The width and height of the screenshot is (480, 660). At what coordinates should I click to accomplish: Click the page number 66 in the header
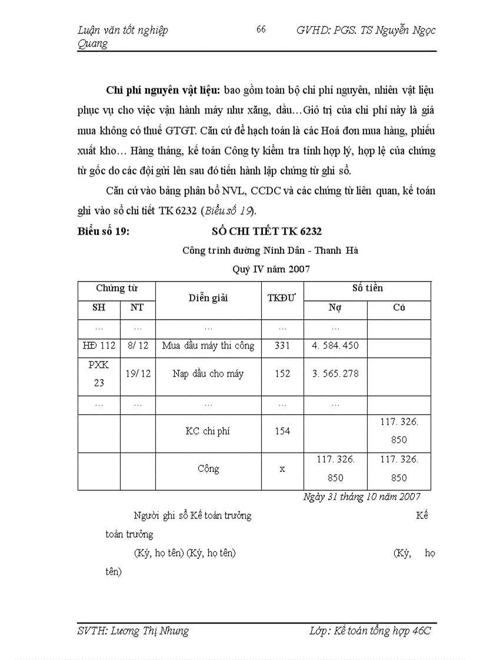pyautogui.click(x=261, y=29)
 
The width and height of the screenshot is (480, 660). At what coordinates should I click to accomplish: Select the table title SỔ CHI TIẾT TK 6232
pyautogui.click(x=266, y=232)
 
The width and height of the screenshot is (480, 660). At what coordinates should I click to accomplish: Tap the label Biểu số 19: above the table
pyautogui.click(x=104, y=232)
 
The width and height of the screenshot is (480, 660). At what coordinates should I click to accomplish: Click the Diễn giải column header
pyautogui.click(x=208, y=297)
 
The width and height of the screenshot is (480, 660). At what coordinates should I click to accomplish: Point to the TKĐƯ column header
pyautogui.click(x=282, y=297)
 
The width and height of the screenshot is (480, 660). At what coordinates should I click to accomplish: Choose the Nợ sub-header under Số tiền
pyautogui.click(x=335, y=307)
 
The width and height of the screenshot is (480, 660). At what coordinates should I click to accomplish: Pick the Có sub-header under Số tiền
pyautogui.click(x=399, y=307)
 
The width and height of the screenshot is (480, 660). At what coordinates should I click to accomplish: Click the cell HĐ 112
pyautogui.click(x=99, y=346)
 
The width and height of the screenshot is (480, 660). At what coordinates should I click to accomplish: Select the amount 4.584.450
pyautogui.click(x=335, y=346)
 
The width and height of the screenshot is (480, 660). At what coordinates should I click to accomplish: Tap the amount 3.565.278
pyautogui.click(x=335, y=374)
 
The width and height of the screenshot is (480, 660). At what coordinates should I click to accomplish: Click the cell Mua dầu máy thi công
pyautogui.click(x=208, y=346)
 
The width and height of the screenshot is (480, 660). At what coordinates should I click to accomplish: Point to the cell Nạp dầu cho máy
pyautogui.click(x=208, y=374)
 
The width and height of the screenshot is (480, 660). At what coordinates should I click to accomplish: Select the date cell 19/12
pyautogui.click(x=138, y=374)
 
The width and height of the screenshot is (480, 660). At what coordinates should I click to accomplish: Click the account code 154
pyautogui.click(x=282, y=431)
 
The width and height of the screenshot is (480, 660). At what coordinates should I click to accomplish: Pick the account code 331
pyautogui.click(x=282, y=346)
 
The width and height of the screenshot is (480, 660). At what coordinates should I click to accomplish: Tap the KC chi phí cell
pyautogui.click(x=208, y=431)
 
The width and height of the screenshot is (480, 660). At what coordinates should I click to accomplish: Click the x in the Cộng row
pyautogui.click(x=282, y=469)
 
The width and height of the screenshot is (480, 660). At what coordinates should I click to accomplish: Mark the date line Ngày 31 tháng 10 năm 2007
pyautogui.click(x=362, y=497)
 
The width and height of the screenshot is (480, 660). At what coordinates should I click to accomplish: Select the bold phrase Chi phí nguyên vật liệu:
pyautogui.click(x=163, y=90)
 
